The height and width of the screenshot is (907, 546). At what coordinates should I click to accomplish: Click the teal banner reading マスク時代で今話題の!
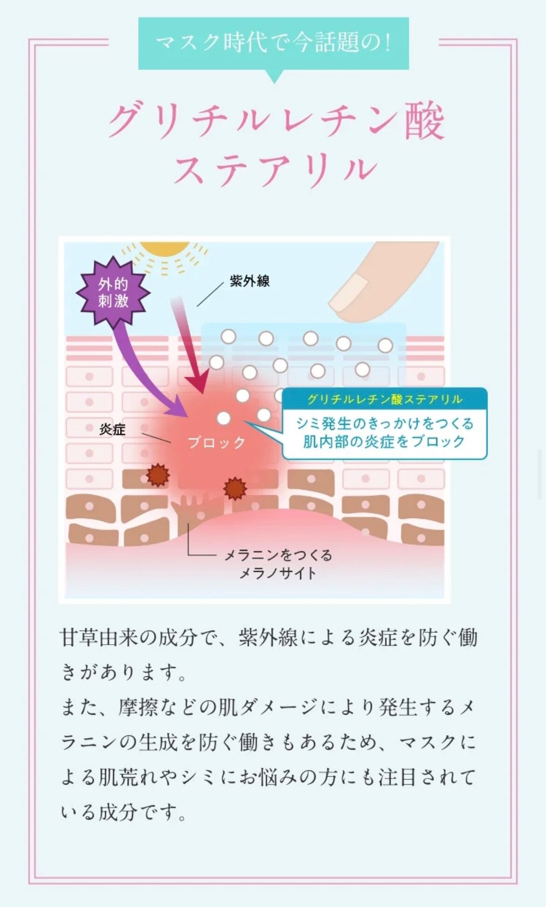tap(273, 43)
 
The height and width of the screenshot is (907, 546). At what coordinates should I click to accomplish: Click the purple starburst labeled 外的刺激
tap(113, 292)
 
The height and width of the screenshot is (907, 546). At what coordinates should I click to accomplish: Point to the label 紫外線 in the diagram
tap(250, 281)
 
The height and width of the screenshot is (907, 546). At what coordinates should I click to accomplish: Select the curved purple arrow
tap(140, 369)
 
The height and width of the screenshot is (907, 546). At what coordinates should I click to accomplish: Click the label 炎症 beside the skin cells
tap(112, 429)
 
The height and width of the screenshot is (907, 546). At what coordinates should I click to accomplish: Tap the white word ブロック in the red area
tap(216, 443)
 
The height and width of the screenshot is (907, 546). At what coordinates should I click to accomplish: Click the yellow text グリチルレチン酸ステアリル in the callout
tap(385, 399)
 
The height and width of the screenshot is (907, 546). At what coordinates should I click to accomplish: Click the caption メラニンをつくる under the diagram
tap(278, 555)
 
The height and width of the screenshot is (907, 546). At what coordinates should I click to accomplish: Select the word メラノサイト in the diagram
tap(278, 573)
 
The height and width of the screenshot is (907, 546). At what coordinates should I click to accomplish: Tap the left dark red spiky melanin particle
tap(158, 475)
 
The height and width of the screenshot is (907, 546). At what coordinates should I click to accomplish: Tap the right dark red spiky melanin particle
tap(235, 488)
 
